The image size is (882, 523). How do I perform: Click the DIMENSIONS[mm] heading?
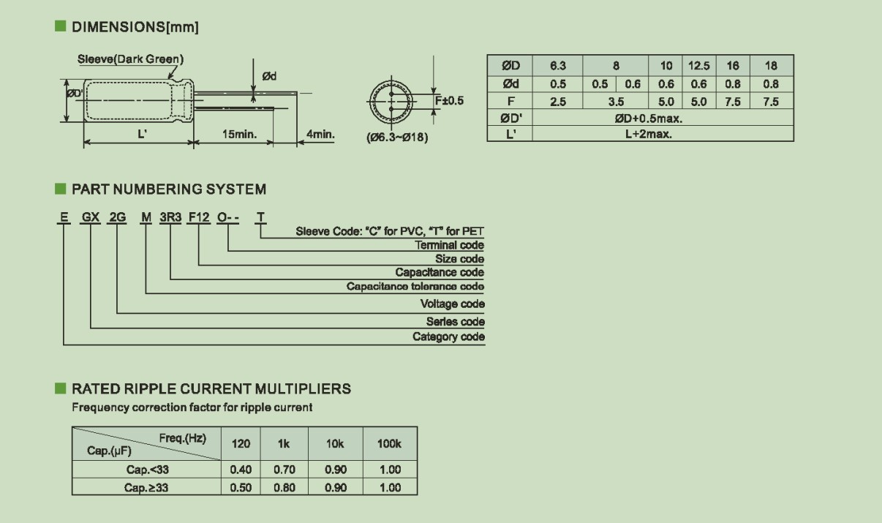[x=135, y=27]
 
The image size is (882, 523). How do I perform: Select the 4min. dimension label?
[x=320, y=135]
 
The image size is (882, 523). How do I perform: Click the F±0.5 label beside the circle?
[x=450, y=101]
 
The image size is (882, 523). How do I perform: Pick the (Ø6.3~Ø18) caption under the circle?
[x=397, y=138]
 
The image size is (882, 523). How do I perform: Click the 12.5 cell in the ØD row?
[x=698, y=66]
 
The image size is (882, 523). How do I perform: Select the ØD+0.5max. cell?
[x=648, y=118]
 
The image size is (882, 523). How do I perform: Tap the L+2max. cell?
[x=648, y=134]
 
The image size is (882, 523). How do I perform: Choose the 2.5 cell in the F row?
[x=557, y=102]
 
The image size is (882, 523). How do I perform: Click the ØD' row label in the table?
[x=510, y=118]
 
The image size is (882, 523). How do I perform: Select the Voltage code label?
[x=452, y=304]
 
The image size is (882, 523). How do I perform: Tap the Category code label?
[x=448, y=337]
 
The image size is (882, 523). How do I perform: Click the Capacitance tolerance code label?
[x=415, y=287]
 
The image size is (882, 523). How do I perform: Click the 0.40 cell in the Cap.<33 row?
[x=241, y=470]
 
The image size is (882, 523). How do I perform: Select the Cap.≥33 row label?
[x=146, y=488]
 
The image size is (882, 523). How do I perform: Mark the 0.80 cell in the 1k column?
[x=284, y=488]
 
